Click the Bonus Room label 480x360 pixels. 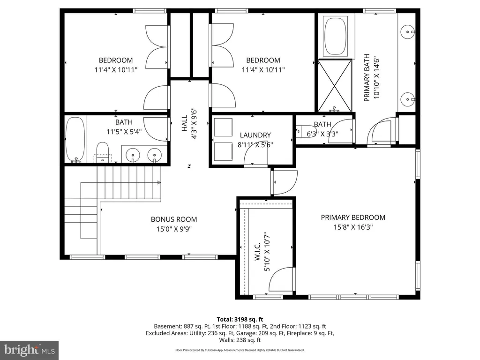173,219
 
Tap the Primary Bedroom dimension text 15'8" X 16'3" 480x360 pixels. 353,227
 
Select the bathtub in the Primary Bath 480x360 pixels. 335,37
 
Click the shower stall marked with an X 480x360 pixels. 335,86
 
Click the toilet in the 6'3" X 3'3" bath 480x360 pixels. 305,131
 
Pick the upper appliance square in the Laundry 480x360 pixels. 223,127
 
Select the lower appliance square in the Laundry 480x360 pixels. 223,151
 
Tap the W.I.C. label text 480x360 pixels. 257,252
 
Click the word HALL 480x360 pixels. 184,123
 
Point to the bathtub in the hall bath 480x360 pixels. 75,140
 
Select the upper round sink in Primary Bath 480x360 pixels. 407,31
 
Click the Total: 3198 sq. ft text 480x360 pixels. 240,320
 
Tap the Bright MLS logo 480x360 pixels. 30,350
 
